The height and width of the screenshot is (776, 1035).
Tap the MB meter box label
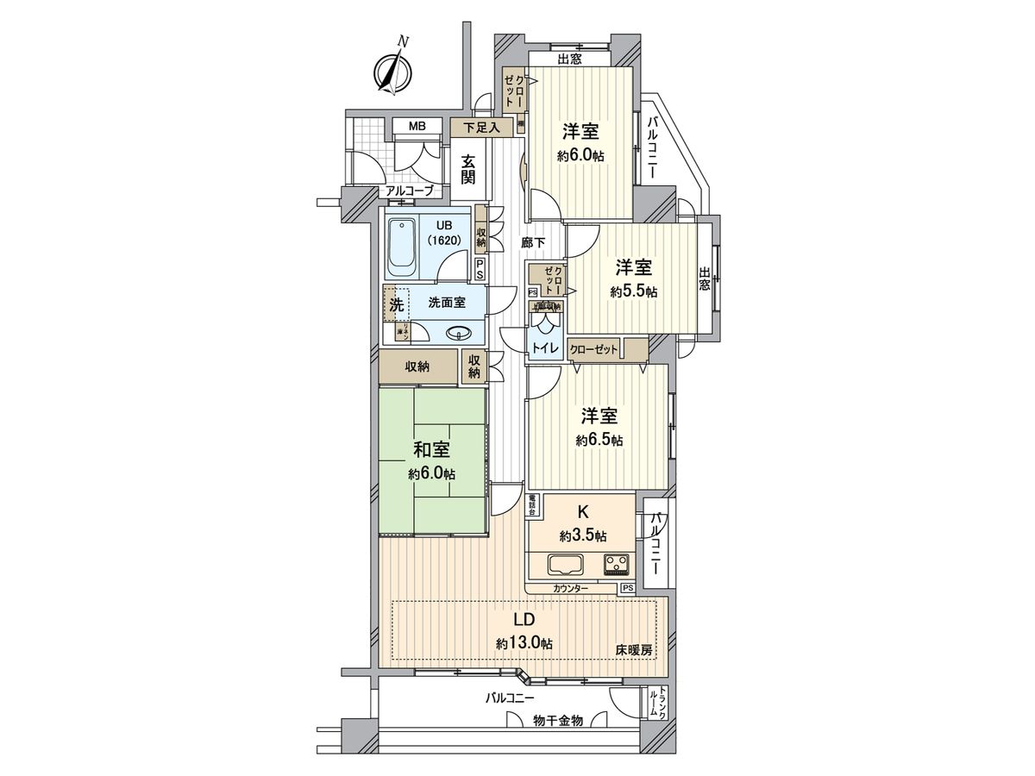(x=417, y=127)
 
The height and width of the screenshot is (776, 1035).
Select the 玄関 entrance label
(x=468, y=169)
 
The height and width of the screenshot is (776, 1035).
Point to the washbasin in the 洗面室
(x=458, y=335)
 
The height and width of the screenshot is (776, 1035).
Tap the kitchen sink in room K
(x=565, y=565)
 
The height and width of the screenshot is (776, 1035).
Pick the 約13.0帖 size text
(x=524, y=643)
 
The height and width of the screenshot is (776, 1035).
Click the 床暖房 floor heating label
(x=633, y=649)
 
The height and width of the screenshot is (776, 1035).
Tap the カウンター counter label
(x=571, y=588)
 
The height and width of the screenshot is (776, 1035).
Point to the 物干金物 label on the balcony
(x=558, y=720)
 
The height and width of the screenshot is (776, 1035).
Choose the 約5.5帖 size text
(x=633, y=291)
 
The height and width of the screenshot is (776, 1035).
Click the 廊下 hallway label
(x=532, y=243)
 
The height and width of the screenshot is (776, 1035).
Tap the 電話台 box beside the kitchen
(x=534, y=505)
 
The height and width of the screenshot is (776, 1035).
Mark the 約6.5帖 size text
(x=599, y=440)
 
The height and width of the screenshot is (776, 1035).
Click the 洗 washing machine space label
(x=396, y=304)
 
